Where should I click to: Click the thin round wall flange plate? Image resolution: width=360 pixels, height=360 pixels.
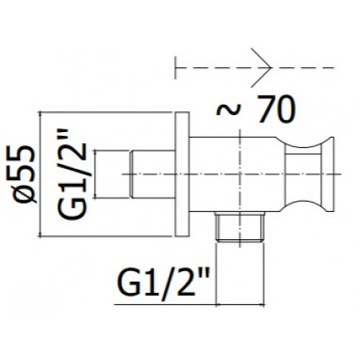182,174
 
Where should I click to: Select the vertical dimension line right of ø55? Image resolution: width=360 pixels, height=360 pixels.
40,174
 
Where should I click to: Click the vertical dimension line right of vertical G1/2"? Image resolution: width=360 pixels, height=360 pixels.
95,174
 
